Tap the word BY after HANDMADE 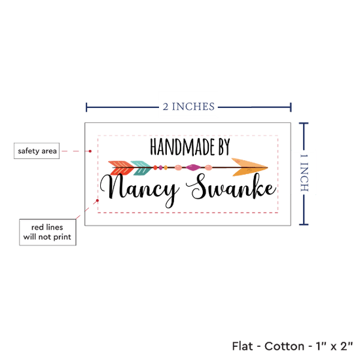224,147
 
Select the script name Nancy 139,189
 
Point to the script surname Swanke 231,187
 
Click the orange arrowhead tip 268,168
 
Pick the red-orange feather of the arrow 121,168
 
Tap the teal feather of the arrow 141,168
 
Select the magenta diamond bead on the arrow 193,168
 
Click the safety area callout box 37,151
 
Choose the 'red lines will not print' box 48,232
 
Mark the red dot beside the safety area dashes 90,151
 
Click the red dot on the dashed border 98,200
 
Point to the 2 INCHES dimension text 189,107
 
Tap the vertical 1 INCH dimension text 304,173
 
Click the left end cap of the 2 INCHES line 86,107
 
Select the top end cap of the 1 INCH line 304,124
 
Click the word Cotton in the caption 285,346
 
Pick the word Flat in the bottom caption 242,346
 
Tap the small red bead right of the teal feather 155,168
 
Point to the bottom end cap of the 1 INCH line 304,225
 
